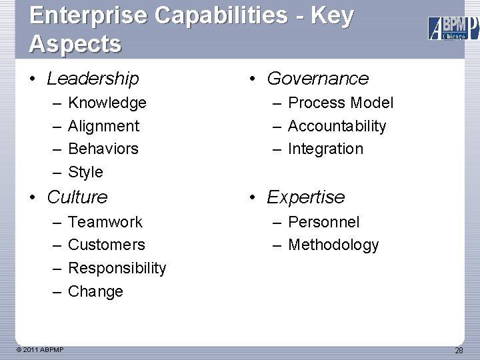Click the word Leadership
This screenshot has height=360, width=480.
[93, 79]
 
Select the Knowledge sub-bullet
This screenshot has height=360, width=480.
[107, 103]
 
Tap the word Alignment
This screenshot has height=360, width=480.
[104, 126]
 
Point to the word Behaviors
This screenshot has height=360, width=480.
[103, 149]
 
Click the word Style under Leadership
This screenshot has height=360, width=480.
[86, 172]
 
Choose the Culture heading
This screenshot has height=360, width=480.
[77, 197]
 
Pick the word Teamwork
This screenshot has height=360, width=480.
[105, 222]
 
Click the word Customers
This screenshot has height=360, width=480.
[107, 245]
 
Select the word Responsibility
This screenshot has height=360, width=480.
[117, 268]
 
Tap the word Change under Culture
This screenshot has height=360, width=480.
[95, 291]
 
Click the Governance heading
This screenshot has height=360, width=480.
[317, 79]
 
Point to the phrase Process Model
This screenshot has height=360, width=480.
[341, 103]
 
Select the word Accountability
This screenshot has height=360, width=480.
[337, 126]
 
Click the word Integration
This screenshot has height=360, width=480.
[325, 149]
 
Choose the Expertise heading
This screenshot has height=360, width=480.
[305, 197]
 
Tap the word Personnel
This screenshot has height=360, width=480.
[323, 222]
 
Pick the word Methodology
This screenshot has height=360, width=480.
[333, 245]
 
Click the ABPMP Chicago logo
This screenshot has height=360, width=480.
[453, 28]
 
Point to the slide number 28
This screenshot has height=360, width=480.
[459, 351]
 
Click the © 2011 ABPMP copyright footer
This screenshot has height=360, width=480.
[41, 349]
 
